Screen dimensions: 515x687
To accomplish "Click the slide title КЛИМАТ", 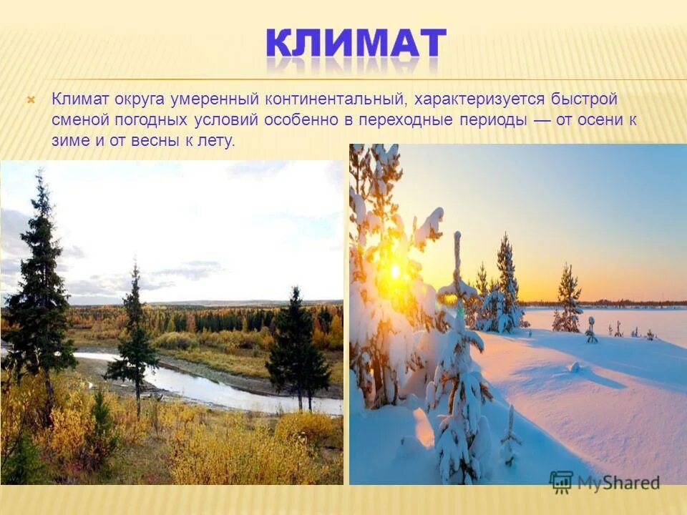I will tap(356, 44).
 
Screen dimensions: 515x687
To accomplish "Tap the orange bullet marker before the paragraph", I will tap(31, 99).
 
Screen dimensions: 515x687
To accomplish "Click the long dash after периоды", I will tap(542, 119).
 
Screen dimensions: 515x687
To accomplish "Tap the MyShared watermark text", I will tap(618, 482).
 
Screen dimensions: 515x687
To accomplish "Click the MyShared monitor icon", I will tap(561, 481).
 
